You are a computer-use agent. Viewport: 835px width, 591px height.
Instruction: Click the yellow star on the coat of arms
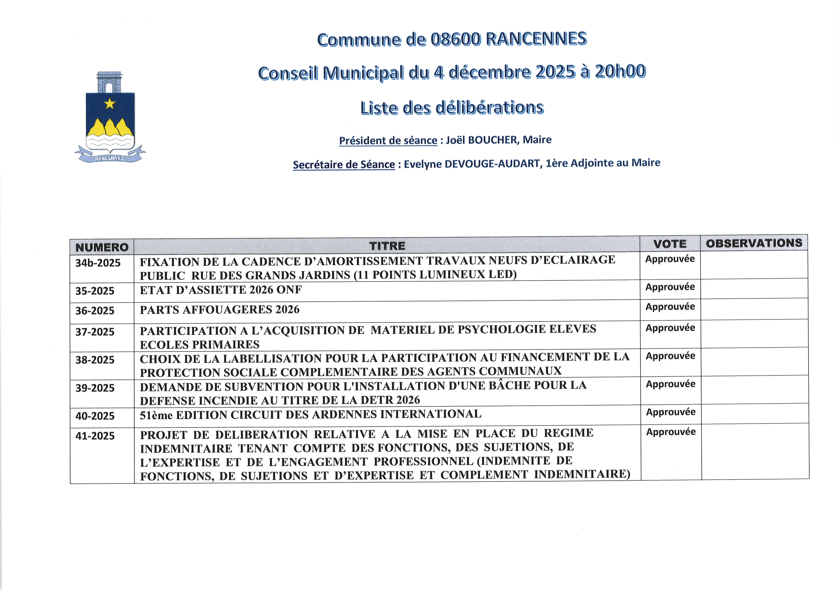tap(110, 104)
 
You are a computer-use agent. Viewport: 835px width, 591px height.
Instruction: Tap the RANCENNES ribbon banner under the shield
tap(110, 158)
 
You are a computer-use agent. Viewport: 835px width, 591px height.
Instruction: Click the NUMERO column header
tap(102, 247)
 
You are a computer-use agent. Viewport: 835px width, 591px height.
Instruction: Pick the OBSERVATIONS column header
tap(754, 243)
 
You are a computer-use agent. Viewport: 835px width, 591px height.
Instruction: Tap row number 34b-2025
tap(98, 263)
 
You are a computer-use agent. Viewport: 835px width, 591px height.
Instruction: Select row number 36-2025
tap(95, 311)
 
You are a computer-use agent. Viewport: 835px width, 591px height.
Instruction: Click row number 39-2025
tap(95, 388)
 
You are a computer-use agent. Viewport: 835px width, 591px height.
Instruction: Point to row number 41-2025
tap(95, 436)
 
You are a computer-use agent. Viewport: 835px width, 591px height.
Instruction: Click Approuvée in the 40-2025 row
tap(671, 412)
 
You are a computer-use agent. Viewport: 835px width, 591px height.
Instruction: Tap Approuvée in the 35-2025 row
tap(670, 287)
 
